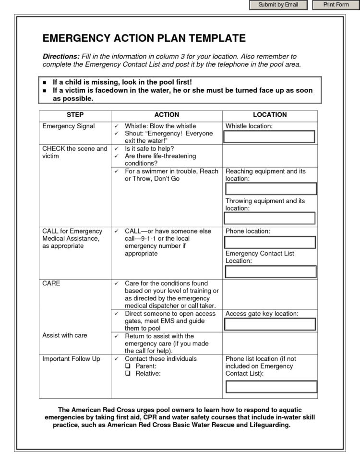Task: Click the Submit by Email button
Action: (278, 5)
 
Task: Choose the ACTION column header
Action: (167, 115)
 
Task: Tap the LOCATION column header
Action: (269, 115)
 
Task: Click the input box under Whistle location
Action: (269, 136)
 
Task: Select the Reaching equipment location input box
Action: (271, 189)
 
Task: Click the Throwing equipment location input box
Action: (271, 218)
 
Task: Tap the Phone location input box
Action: (271, 242)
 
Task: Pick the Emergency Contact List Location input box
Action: (271, 271)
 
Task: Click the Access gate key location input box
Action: (271, 324)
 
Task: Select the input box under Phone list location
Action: (271, 386)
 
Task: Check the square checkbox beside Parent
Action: (128, 366)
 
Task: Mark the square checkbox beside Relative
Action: (128, 373)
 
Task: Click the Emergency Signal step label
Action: (69, 126)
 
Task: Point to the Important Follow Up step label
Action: (72, 359)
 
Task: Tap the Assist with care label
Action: (65, 335)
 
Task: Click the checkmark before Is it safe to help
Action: (117, 149)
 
